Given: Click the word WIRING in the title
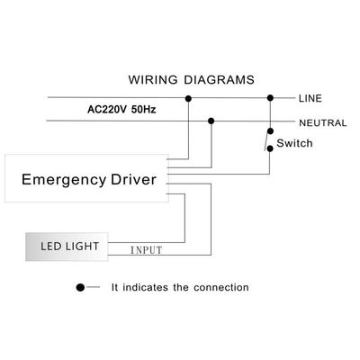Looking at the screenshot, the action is pos(153,80).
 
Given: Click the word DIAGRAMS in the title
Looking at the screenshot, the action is pos(219,80).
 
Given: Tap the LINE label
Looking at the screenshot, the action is pos(310,98).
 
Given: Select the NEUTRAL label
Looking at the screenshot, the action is pos(323,123).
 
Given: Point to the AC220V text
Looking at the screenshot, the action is pos(107,109).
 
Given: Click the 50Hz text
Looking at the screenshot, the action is pos(144,109).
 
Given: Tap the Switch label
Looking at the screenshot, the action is pos(294,143).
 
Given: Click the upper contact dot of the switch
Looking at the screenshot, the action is pos(270,131).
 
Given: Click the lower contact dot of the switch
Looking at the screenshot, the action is pos(270,148).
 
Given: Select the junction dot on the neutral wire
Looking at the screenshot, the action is pos(211,121).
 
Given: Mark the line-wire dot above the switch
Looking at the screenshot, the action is pos(270,98).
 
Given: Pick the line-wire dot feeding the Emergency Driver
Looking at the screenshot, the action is pos(188,98).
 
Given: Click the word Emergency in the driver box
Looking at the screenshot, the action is pos(64,180).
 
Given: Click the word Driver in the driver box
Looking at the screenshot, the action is pos(133,179).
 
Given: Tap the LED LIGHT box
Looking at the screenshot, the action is pos(67,247).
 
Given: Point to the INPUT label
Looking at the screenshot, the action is pos(147,250).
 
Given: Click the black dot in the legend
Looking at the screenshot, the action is pos(80,287).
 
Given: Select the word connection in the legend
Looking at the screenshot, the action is pos(221,287).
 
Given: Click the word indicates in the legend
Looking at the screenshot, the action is pos(145,287).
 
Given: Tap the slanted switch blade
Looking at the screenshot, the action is pos(266,141).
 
